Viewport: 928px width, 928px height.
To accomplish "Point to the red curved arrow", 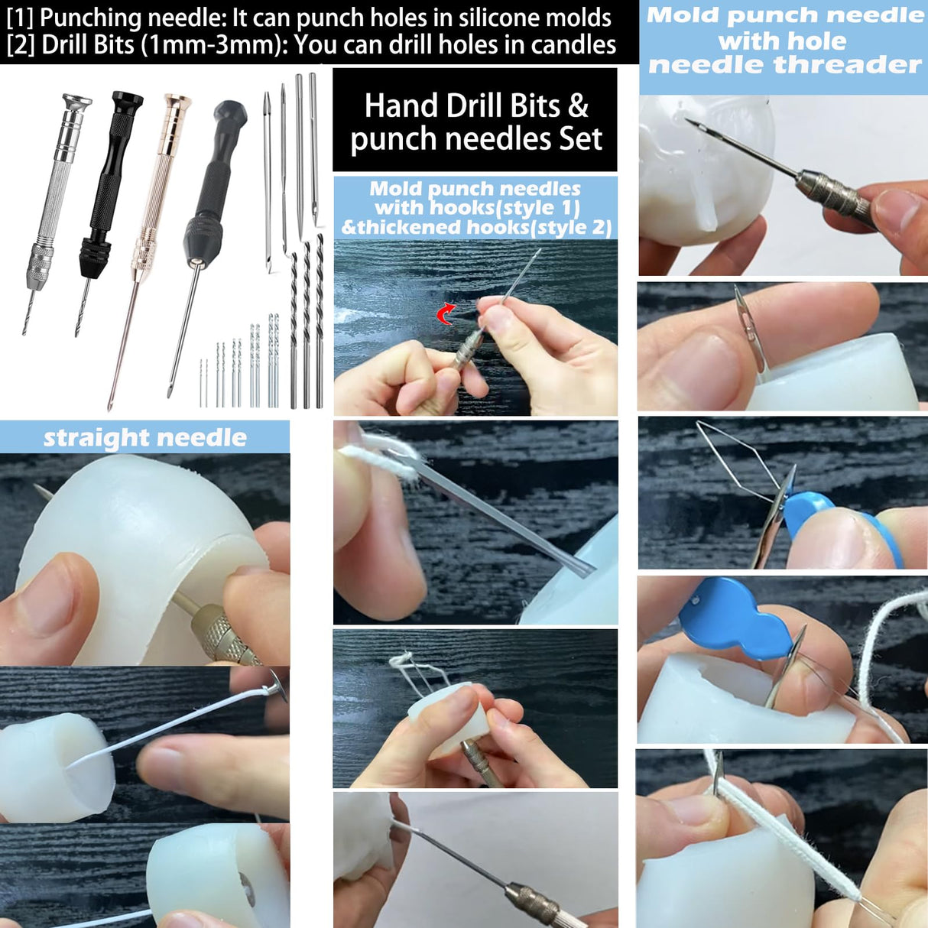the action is (446, 313).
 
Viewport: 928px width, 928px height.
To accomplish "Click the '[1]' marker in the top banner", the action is (21, 18).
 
